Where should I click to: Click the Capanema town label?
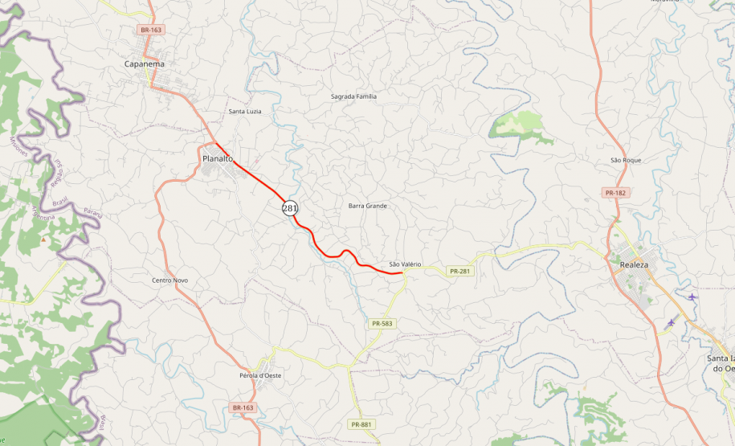click(x=144, y=64)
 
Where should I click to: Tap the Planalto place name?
click(x=218, y=159)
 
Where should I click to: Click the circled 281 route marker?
click(x=290, y=208)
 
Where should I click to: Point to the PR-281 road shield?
click(x=459, y=272)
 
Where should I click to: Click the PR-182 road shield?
click(x=615, y=193)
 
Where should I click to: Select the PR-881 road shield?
click(x=361, y=423)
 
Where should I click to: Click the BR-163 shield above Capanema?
click(x=151, y=30)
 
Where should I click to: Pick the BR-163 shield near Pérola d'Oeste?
click(x=243, y=407)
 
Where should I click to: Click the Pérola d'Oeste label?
click(x=260, y=376)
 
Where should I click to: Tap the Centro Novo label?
click(x=169, y=280)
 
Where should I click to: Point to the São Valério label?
click(x=405, y=264)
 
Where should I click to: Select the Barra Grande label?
click(x=368, y=206)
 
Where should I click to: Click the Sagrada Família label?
click(x=353, y=96)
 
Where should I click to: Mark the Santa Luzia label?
click(x=245, y=111)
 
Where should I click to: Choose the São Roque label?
click(x=626, y=160)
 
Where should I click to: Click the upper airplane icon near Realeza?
click(x=692, y=297)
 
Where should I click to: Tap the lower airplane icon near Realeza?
click(x=672, y=322)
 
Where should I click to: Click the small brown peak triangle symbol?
click(x=43, y=239)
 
